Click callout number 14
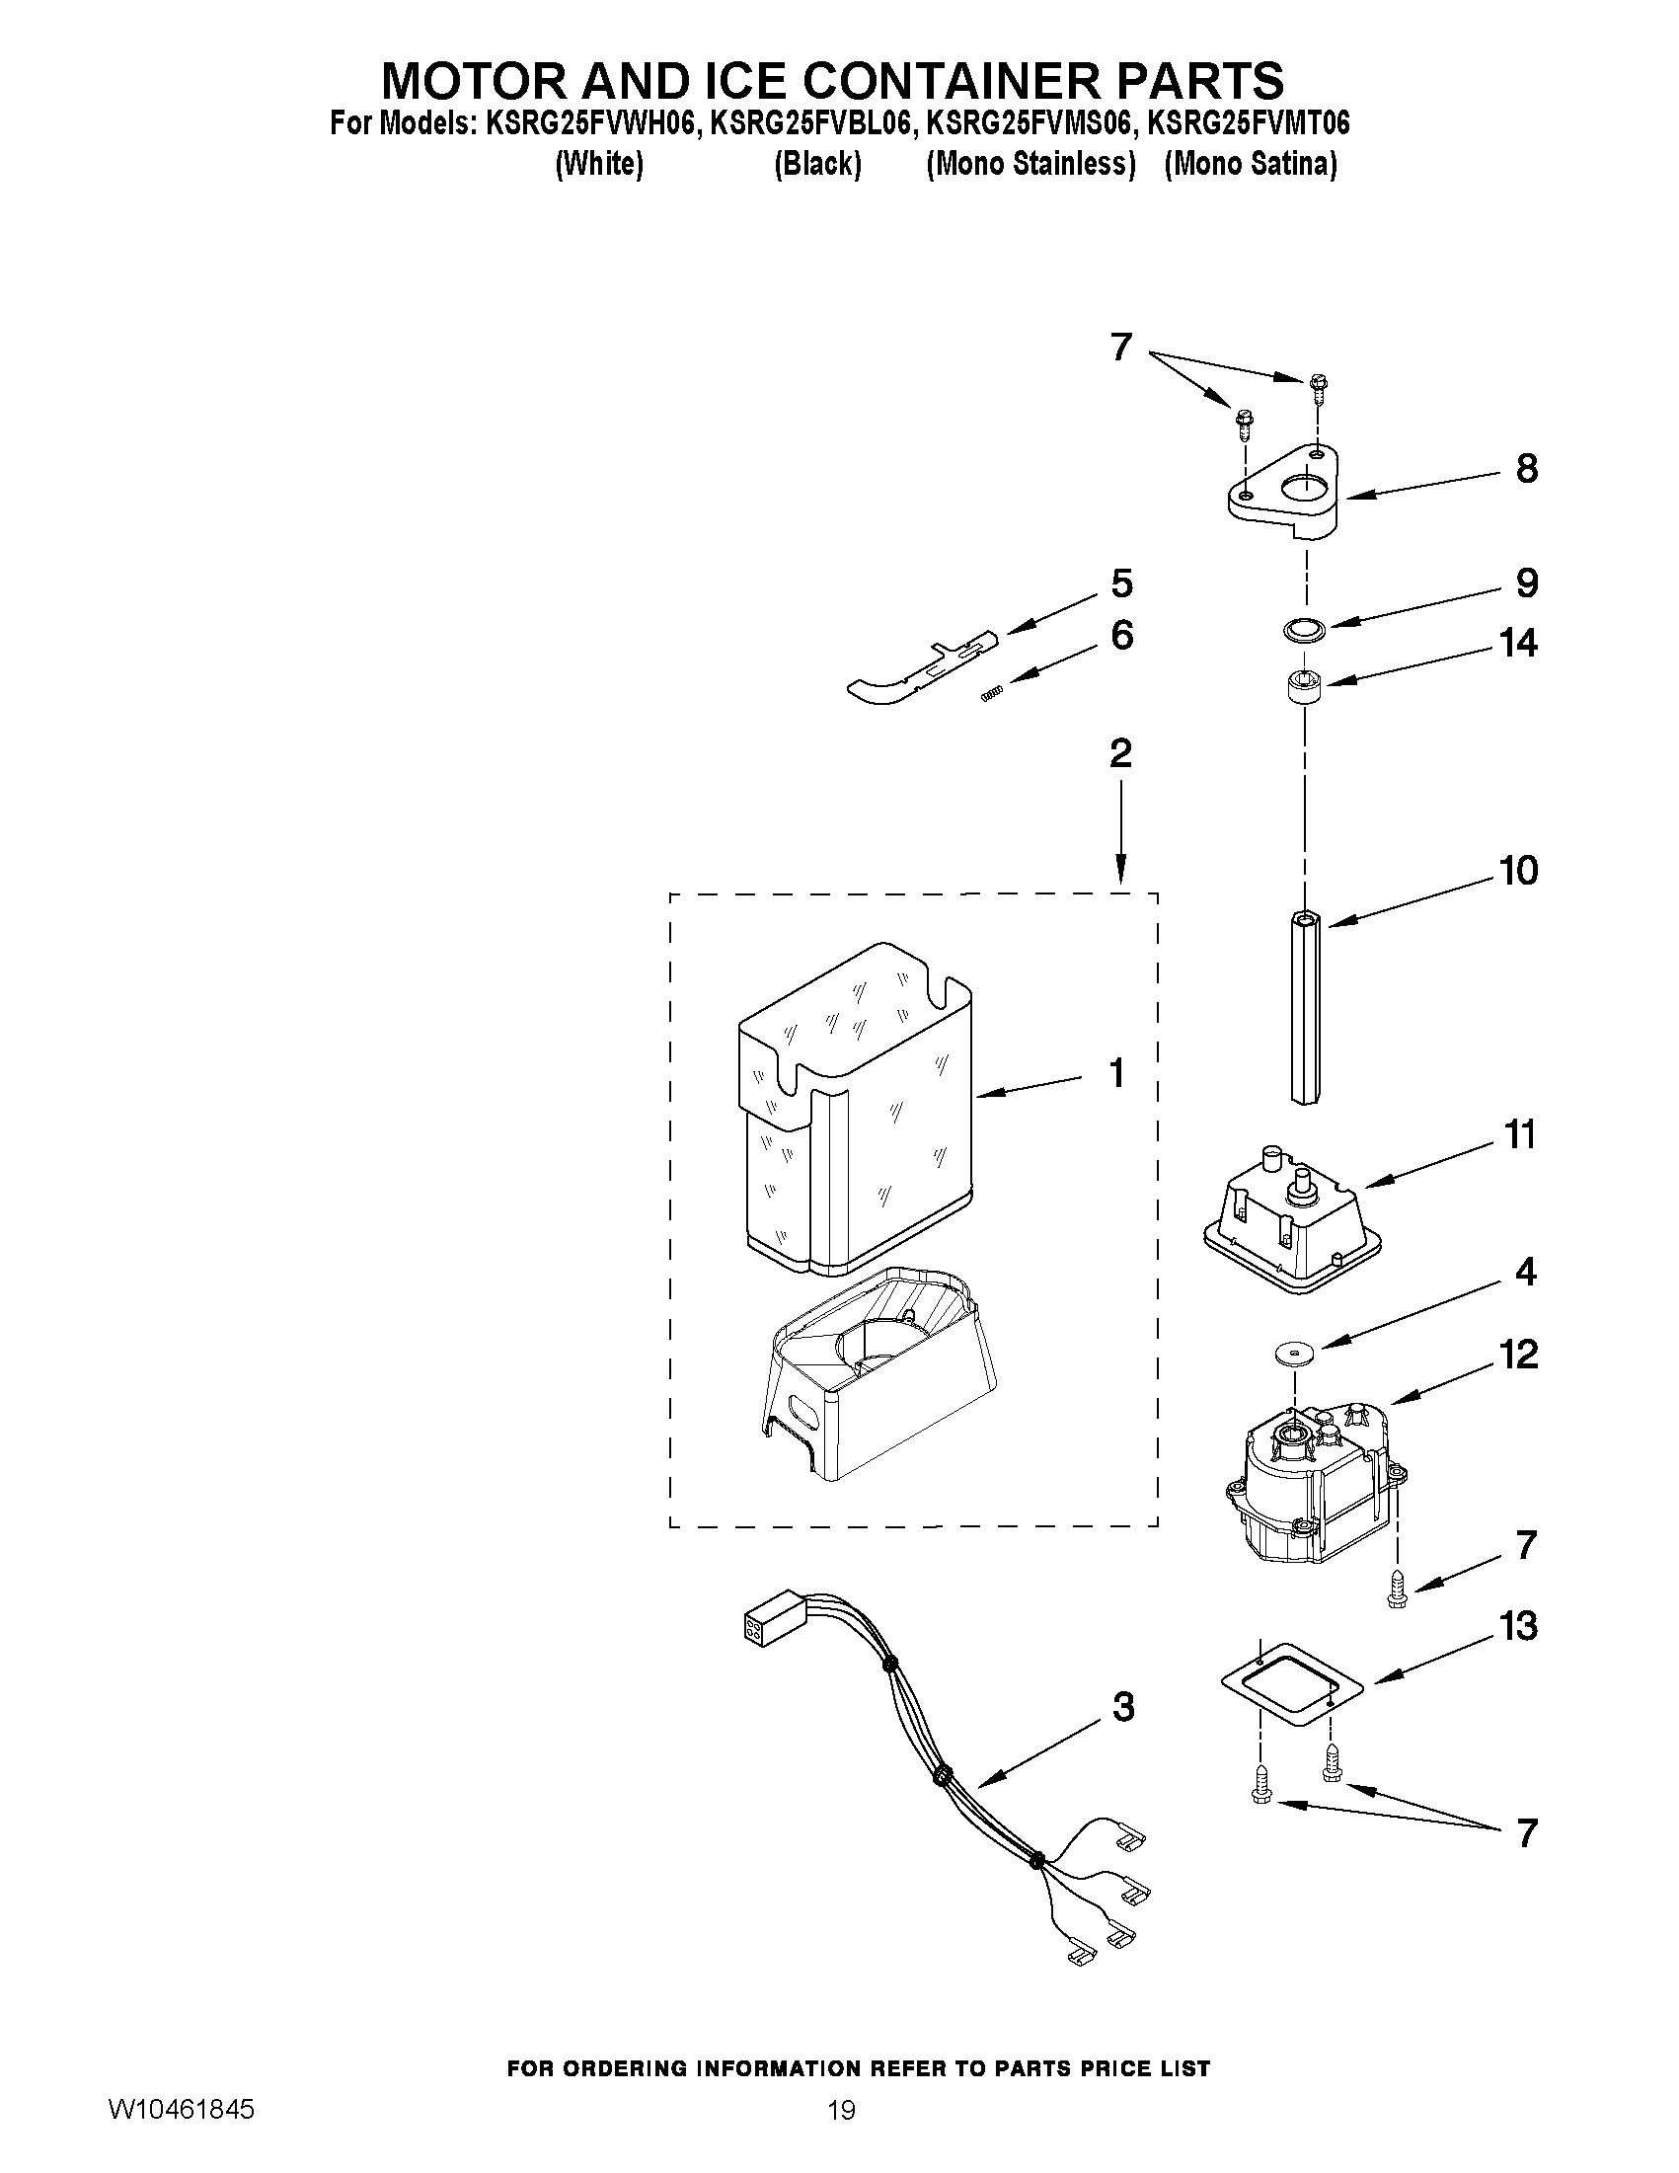pyautogui.click(x=1518, y=644)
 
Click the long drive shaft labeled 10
pyautogui.click(x=1304, y=1005)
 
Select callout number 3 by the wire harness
pyautogui.click(x=1122, y=1707)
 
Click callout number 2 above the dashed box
pyautogui.click(x=1120, y=753)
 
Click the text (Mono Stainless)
pyautogui.click(x=1030, y=164)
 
